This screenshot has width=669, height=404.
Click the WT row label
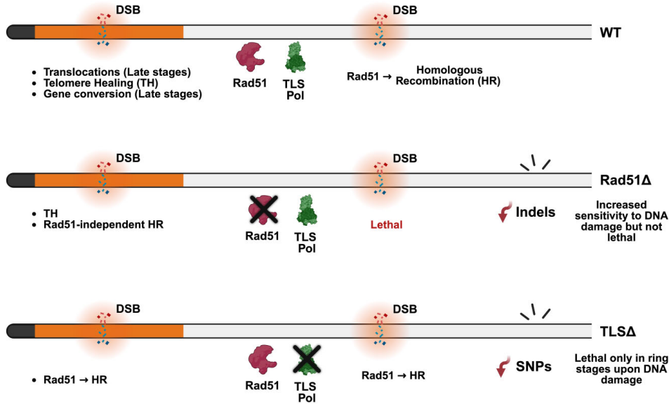pos(611,32)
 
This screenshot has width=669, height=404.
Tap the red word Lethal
pos(388,226)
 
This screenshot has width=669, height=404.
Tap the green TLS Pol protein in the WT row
pos(296,58)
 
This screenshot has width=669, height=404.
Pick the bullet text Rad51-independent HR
pos(102,224)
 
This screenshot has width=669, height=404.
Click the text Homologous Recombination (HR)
pos(448,75)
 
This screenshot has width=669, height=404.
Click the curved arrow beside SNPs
pos(503,366)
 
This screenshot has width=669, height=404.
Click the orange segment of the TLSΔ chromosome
pos(109,329)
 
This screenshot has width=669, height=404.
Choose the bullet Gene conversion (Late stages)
pos(122,93)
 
